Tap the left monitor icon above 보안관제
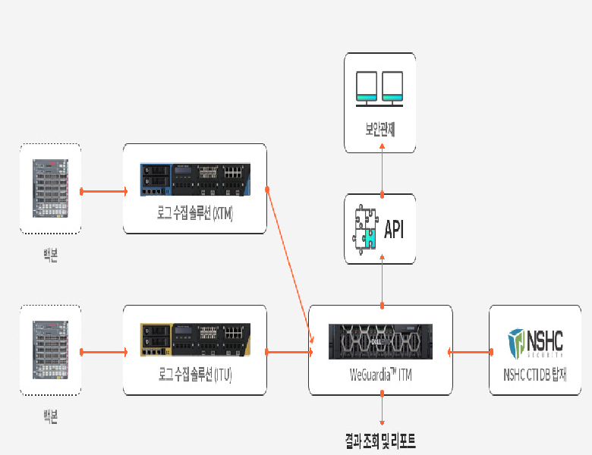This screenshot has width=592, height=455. point(367,86)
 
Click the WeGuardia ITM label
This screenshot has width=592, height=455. point(380,375)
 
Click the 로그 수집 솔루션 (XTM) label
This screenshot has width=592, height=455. point(194,214)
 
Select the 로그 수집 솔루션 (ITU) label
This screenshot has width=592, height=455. point(194,375)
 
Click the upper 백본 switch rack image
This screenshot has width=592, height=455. point(50,187)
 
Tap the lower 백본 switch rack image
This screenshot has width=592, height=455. point(50,350)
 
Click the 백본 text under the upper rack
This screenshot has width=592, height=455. point(50,254)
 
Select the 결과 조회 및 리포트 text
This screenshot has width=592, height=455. point(380,440)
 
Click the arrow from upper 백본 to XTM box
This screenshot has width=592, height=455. point(102,191)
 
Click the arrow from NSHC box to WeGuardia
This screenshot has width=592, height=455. point(471,352)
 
